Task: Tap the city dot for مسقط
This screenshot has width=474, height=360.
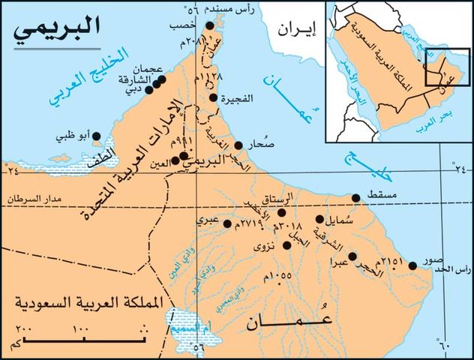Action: [x=355, y=198]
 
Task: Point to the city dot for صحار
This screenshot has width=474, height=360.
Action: [x=239, y=145]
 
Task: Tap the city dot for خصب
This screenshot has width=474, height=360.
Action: [x=210, y=25]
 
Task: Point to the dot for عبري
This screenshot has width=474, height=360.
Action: [x=217, y=223]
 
